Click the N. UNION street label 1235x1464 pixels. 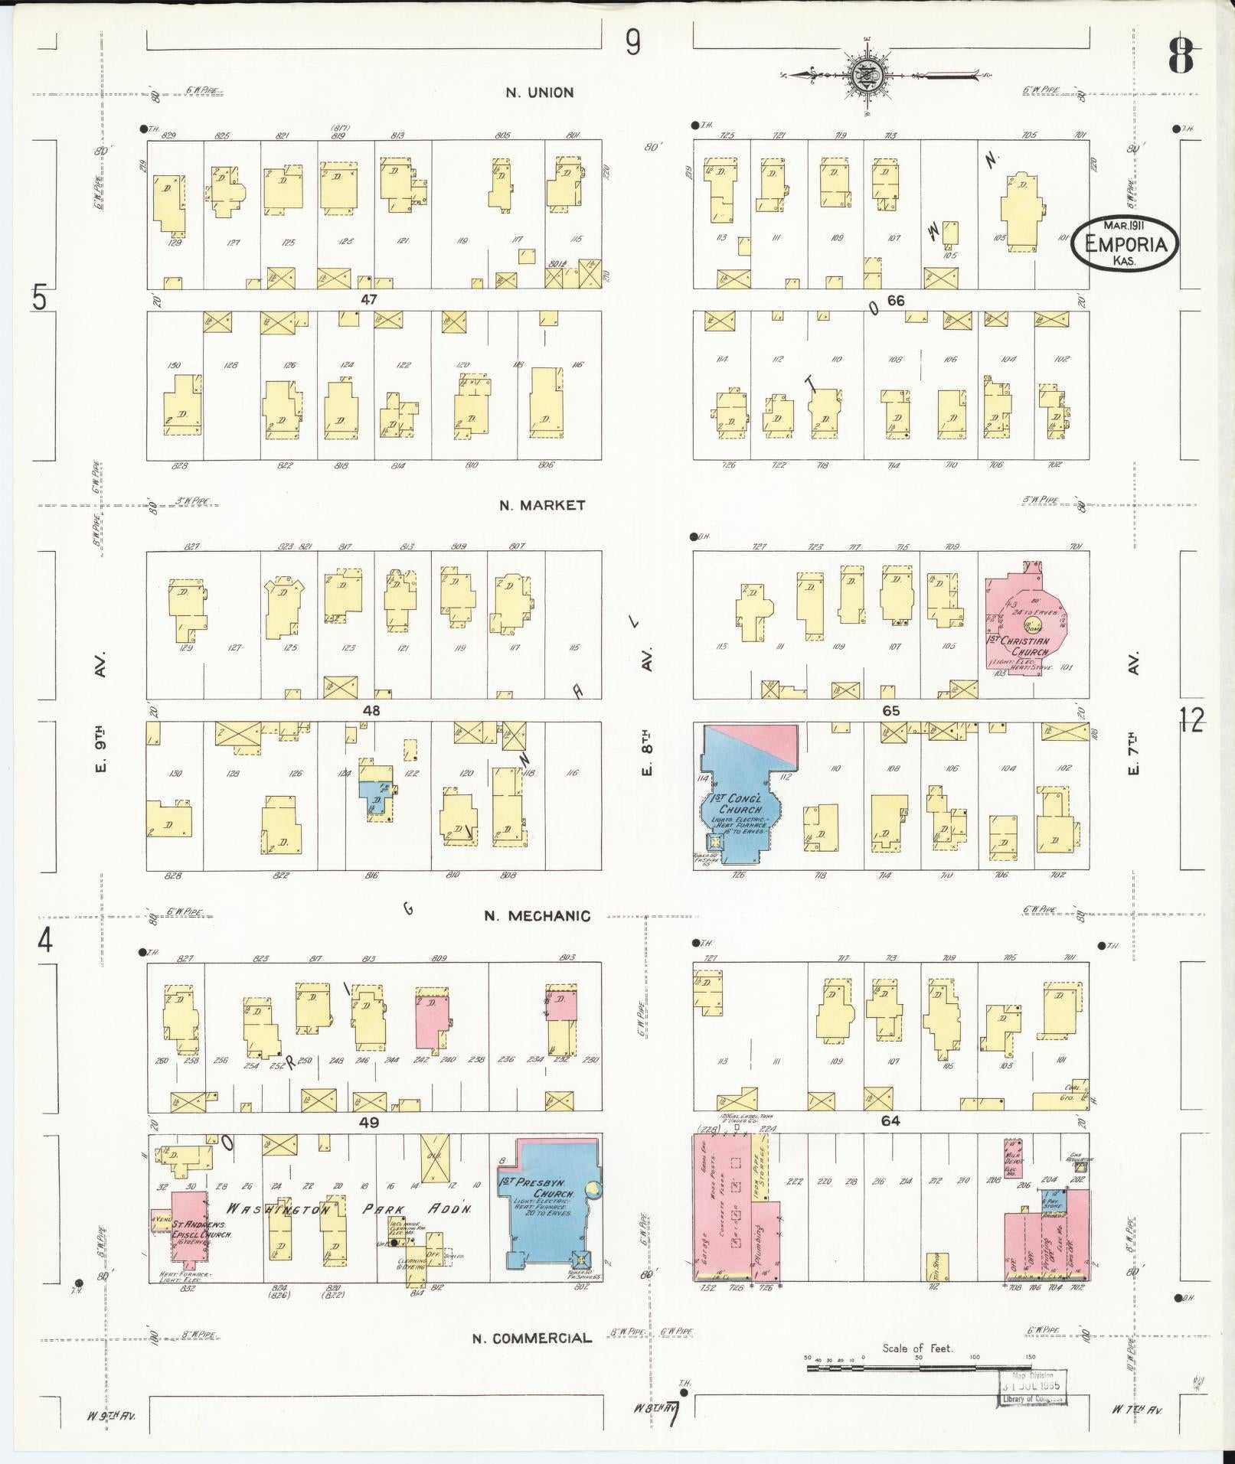[x=539, y=93]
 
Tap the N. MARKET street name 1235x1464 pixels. [x=542, y=505]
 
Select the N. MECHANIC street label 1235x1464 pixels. [x=537, y=916]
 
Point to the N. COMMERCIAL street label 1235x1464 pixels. [x=532, y=1338]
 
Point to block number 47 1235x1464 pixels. [x=369, y=300]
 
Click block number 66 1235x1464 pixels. [x=896, y=301]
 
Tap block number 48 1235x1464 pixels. [x=371, y=710]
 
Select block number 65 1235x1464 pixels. [x=890, y=710]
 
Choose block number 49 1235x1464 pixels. [x=369, y=1122]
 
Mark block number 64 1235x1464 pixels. [x=890, y=1121]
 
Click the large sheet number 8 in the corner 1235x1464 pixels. [x=1181, y=57]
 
